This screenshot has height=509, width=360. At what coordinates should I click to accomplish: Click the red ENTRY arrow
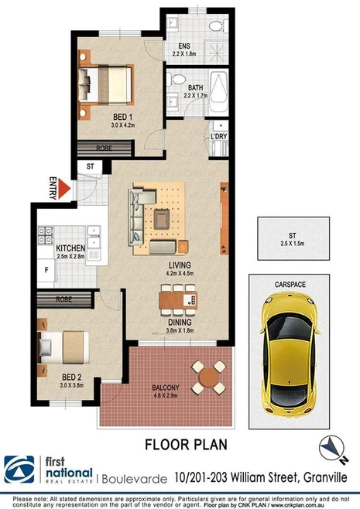64,189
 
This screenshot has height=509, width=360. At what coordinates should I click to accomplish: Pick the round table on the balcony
209,377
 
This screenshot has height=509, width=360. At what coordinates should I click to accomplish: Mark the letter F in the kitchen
47,272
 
